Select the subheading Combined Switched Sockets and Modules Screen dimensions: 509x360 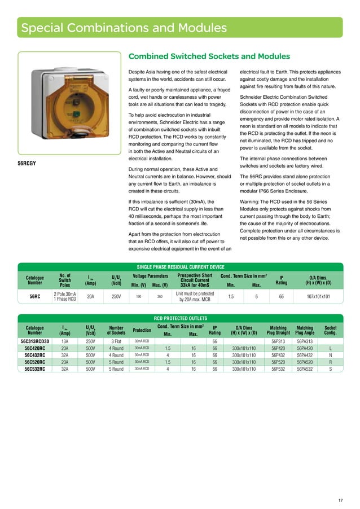209,56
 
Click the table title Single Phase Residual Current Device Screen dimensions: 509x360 181,266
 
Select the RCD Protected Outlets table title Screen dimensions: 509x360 181,318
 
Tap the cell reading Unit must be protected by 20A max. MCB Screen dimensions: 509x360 195,297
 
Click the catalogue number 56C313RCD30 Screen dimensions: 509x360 35,341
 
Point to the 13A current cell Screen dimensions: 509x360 65,341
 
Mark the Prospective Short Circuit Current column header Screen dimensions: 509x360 195,279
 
